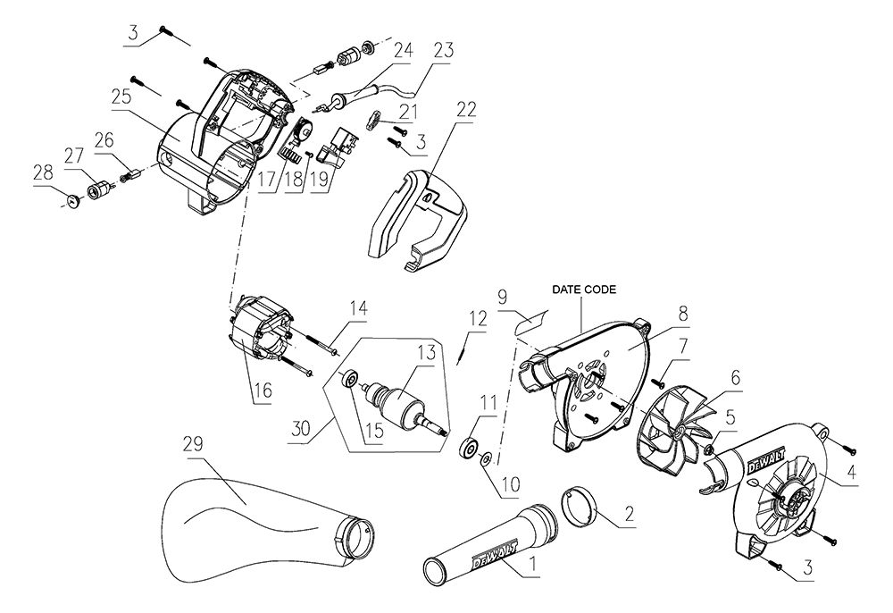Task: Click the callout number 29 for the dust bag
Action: tap(194, 444)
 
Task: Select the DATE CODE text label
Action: tap(583, 290)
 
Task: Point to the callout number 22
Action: tap(465, 110)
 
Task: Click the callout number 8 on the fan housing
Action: tap(682, 315)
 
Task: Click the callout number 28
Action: tap(41, 170)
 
